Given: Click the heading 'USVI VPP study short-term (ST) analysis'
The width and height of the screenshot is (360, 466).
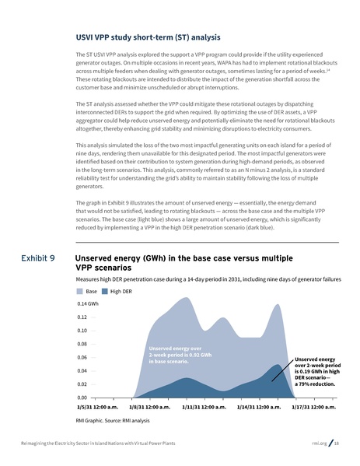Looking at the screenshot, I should click(147, 37).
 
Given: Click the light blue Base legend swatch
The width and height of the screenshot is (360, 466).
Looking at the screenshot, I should click(79, 291).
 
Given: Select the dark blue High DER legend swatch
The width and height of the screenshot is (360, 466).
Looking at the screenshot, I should click(105, 291).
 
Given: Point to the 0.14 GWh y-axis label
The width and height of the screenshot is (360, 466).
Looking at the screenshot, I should click(88, 303).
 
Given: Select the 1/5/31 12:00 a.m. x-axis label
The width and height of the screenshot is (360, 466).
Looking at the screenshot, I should click(97, 407).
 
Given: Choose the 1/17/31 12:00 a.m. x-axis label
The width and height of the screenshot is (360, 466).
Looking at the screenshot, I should click(313, 407).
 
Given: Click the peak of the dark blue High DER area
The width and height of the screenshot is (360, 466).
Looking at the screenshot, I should click(278, 364).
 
